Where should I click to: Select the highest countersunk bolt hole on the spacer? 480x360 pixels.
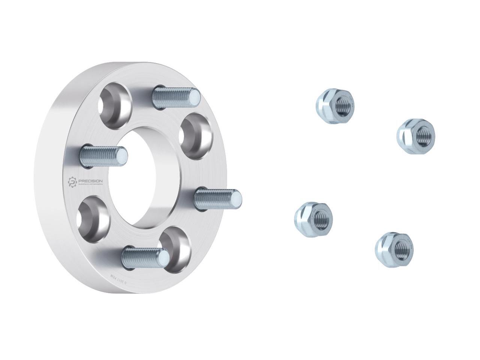pos(115,101)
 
